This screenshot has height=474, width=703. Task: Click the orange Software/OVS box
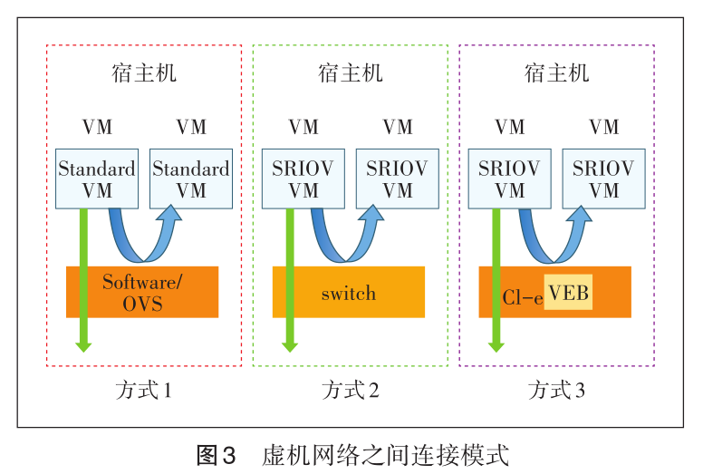pyautogui.click(x=142, y=292)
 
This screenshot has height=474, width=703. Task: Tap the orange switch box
pyautogui.click(x=349, y=292)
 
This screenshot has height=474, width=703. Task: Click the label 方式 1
pyautogui.click(x=143, y=391)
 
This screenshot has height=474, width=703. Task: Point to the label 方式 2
pyautogui.click(x=350, y=391)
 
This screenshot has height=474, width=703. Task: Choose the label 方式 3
pyautogui.click(x=556, y=391)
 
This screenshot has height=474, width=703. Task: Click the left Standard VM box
pyautogui.click(x=97, y=179)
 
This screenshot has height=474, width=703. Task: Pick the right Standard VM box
pyautogui.click(x=191, y=179)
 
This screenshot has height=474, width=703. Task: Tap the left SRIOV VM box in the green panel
pyautogui.click(x=303, y=179)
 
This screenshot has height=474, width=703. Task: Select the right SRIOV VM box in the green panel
pyautogui.click(x=398, y=179)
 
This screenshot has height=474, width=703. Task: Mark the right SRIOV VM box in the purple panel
pyautogui.click(x=604, y=179)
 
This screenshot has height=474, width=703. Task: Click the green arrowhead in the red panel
pyautogui.click(x=83, y=343)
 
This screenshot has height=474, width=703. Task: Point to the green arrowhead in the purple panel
pyautogui.click(x=496, y=343)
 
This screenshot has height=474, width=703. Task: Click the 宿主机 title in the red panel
pyautogui.click(x=143, y=73)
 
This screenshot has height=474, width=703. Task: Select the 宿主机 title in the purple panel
pyautogui.click(x=556, y=73)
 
